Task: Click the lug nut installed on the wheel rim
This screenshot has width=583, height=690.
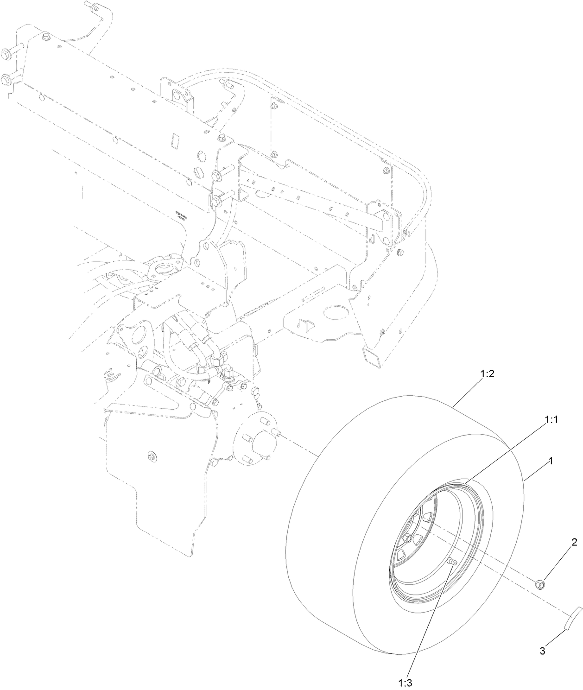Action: (407, 538)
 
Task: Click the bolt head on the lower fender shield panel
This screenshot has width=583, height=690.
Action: (151, 456)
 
